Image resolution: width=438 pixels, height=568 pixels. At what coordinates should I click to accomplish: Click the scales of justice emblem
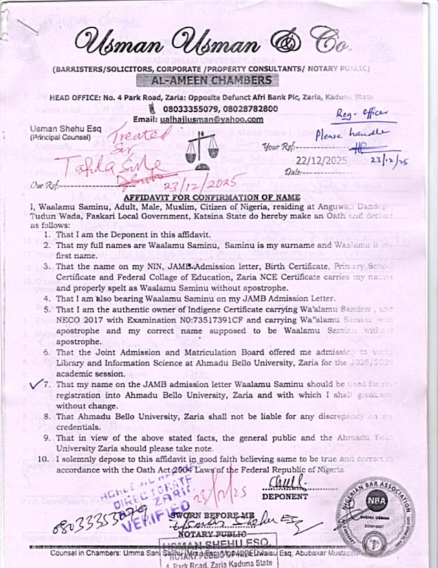coord(201,145)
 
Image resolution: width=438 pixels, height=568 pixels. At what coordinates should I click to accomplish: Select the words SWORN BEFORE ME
coord(217,514)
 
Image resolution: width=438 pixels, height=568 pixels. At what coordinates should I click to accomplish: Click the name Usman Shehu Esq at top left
coord(60,129)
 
